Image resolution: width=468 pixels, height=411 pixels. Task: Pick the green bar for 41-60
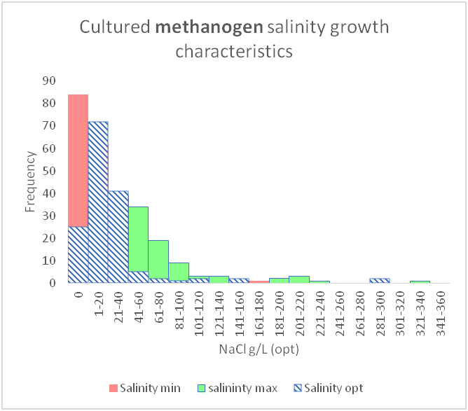click(138, 238)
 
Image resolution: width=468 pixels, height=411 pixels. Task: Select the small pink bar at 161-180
click(259, 281)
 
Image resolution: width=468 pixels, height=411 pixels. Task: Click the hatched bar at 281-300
click(380, 280)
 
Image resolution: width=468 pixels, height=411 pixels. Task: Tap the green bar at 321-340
click(420, 281)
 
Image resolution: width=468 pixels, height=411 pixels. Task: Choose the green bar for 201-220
click(299, 279)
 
